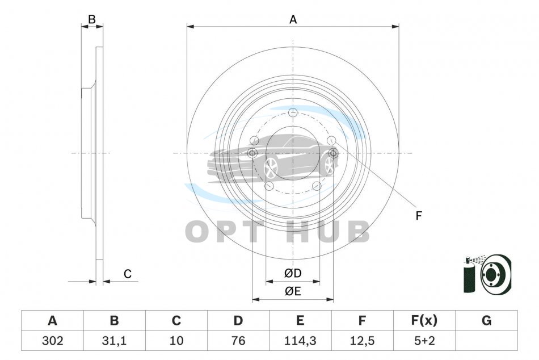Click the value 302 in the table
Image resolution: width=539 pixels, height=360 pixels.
click(x=53, y=341)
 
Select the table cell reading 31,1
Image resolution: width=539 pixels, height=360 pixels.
click(x=114, y=341)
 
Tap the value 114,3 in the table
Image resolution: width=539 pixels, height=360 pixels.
click(x=300, y=341)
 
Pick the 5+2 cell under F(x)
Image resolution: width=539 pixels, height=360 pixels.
click(x=424, y=341)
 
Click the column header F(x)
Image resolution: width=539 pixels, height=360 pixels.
click(x=424, y=320)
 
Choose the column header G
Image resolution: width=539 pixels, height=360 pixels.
click(x=486, y=320)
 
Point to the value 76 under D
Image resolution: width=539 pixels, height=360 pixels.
click(x=238, y=341)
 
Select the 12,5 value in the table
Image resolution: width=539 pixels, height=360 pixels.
click(x=362, y=341)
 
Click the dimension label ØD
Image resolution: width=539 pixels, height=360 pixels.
click(x=293, y=273)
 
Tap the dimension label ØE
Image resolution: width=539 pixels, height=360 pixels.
click(x=293, y=291)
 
